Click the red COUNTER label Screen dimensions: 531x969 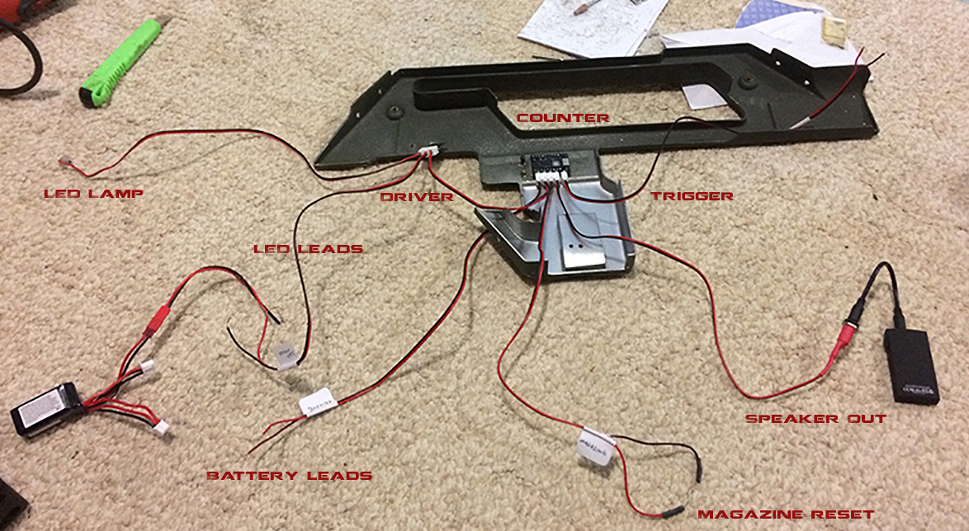[x=563, y=118]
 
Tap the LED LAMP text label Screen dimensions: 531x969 [x=93, y=195]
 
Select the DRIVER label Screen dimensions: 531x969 [x=417, y=197]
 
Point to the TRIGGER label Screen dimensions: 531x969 [x=692, y=196]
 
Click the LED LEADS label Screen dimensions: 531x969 [x=308, y=248]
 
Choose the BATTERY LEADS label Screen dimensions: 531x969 [x=289, y=476]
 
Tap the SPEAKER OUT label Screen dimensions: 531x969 [x=815, y=419]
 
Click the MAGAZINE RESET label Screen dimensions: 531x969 [x=785, y=515]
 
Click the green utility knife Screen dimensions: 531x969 [x=119, y=64]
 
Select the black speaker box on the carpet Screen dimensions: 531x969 [x=911, y=367]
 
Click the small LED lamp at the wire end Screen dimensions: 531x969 [x=63, y=162]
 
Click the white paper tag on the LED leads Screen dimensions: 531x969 [x=286, y=356]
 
